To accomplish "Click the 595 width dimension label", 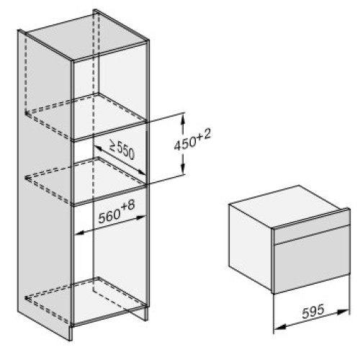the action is click(313, 311).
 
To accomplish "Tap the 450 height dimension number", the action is click(184, 144).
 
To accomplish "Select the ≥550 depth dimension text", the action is click(122, 149).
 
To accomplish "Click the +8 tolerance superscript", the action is click(128, 206).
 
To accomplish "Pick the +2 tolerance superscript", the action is click(204, 135).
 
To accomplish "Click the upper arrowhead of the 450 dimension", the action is click(183, 118).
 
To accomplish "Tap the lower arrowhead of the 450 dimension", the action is click(183, 169).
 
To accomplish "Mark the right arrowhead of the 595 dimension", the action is click(343, 312).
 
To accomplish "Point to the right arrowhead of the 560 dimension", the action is click(140, 217).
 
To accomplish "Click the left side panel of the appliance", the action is click(251, 246).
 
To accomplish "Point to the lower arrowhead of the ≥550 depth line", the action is click(141, 172).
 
